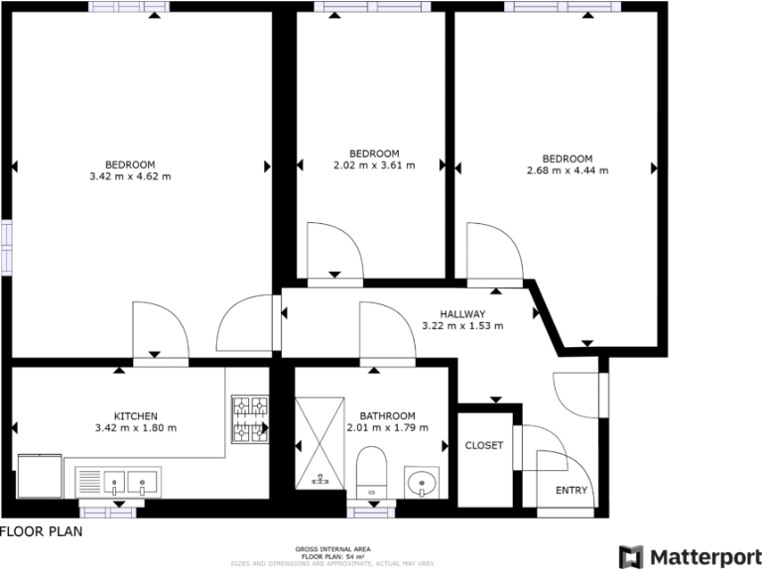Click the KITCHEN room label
(x=135, y=415)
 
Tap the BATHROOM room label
(x=387, y=415)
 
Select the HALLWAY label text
(x=462, y=312)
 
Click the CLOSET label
(x=484, y=445)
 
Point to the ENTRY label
(x=571, y=491)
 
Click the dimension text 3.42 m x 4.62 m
(x=130, y=177)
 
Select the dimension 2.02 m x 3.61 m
(x=374, y=166)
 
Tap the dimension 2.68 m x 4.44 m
(x=567, y=171)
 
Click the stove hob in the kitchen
(x=249, y=418)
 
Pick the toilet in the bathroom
(x=373, y=469)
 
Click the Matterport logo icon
(x=630, y=557)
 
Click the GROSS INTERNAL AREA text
(x=333, y=548)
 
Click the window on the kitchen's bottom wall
(x=108, y=511)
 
